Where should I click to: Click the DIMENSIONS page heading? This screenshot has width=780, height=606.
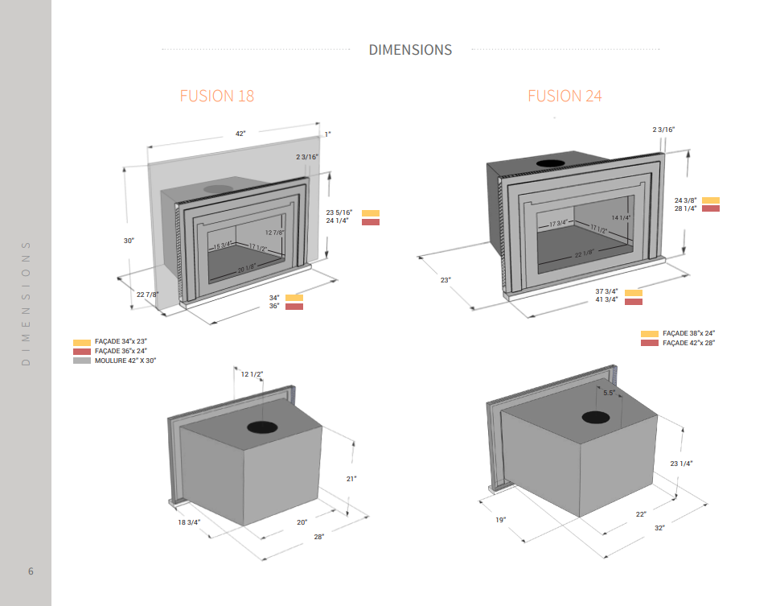(x=410, y=50)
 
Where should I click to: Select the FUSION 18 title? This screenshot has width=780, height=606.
(x=217, y=96)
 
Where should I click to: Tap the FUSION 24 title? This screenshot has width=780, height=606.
(x=564, y=96)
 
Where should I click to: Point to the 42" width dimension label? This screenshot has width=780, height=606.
(x=240, y=134)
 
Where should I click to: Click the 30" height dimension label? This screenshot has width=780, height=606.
(x=129, y=241)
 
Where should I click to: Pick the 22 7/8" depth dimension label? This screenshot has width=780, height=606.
(x=148, y=295)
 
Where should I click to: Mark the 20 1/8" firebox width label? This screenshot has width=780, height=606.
(x=247, y=270)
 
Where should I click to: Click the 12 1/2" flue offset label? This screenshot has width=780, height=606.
(x=252, y=374)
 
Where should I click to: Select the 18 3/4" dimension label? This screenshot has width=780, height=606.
(x=189, y=522)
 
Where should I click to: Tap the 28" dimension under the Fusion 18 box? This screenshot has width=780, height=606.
(x=319, y=537)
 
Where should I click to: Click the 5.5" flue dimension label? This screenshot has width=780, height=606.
(x=609, y=393)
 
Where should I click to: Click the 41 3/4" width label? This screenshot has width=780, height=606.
(x=606, y=299)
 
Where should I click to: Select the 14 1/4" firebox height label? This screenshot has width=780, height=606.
(x=621, y=218)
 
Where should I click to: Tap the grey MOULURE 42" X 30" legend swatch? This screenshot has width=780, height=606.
(x=82, y=361)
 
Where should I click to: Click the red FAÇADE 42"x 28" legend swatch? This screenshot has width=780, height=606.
(x=650, y=344)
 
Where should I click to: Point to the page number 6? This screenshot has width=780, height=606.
(x=31, y=571)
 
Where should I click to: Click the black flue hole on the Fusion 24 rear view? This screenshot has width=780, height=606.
(x=595, y=417)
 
